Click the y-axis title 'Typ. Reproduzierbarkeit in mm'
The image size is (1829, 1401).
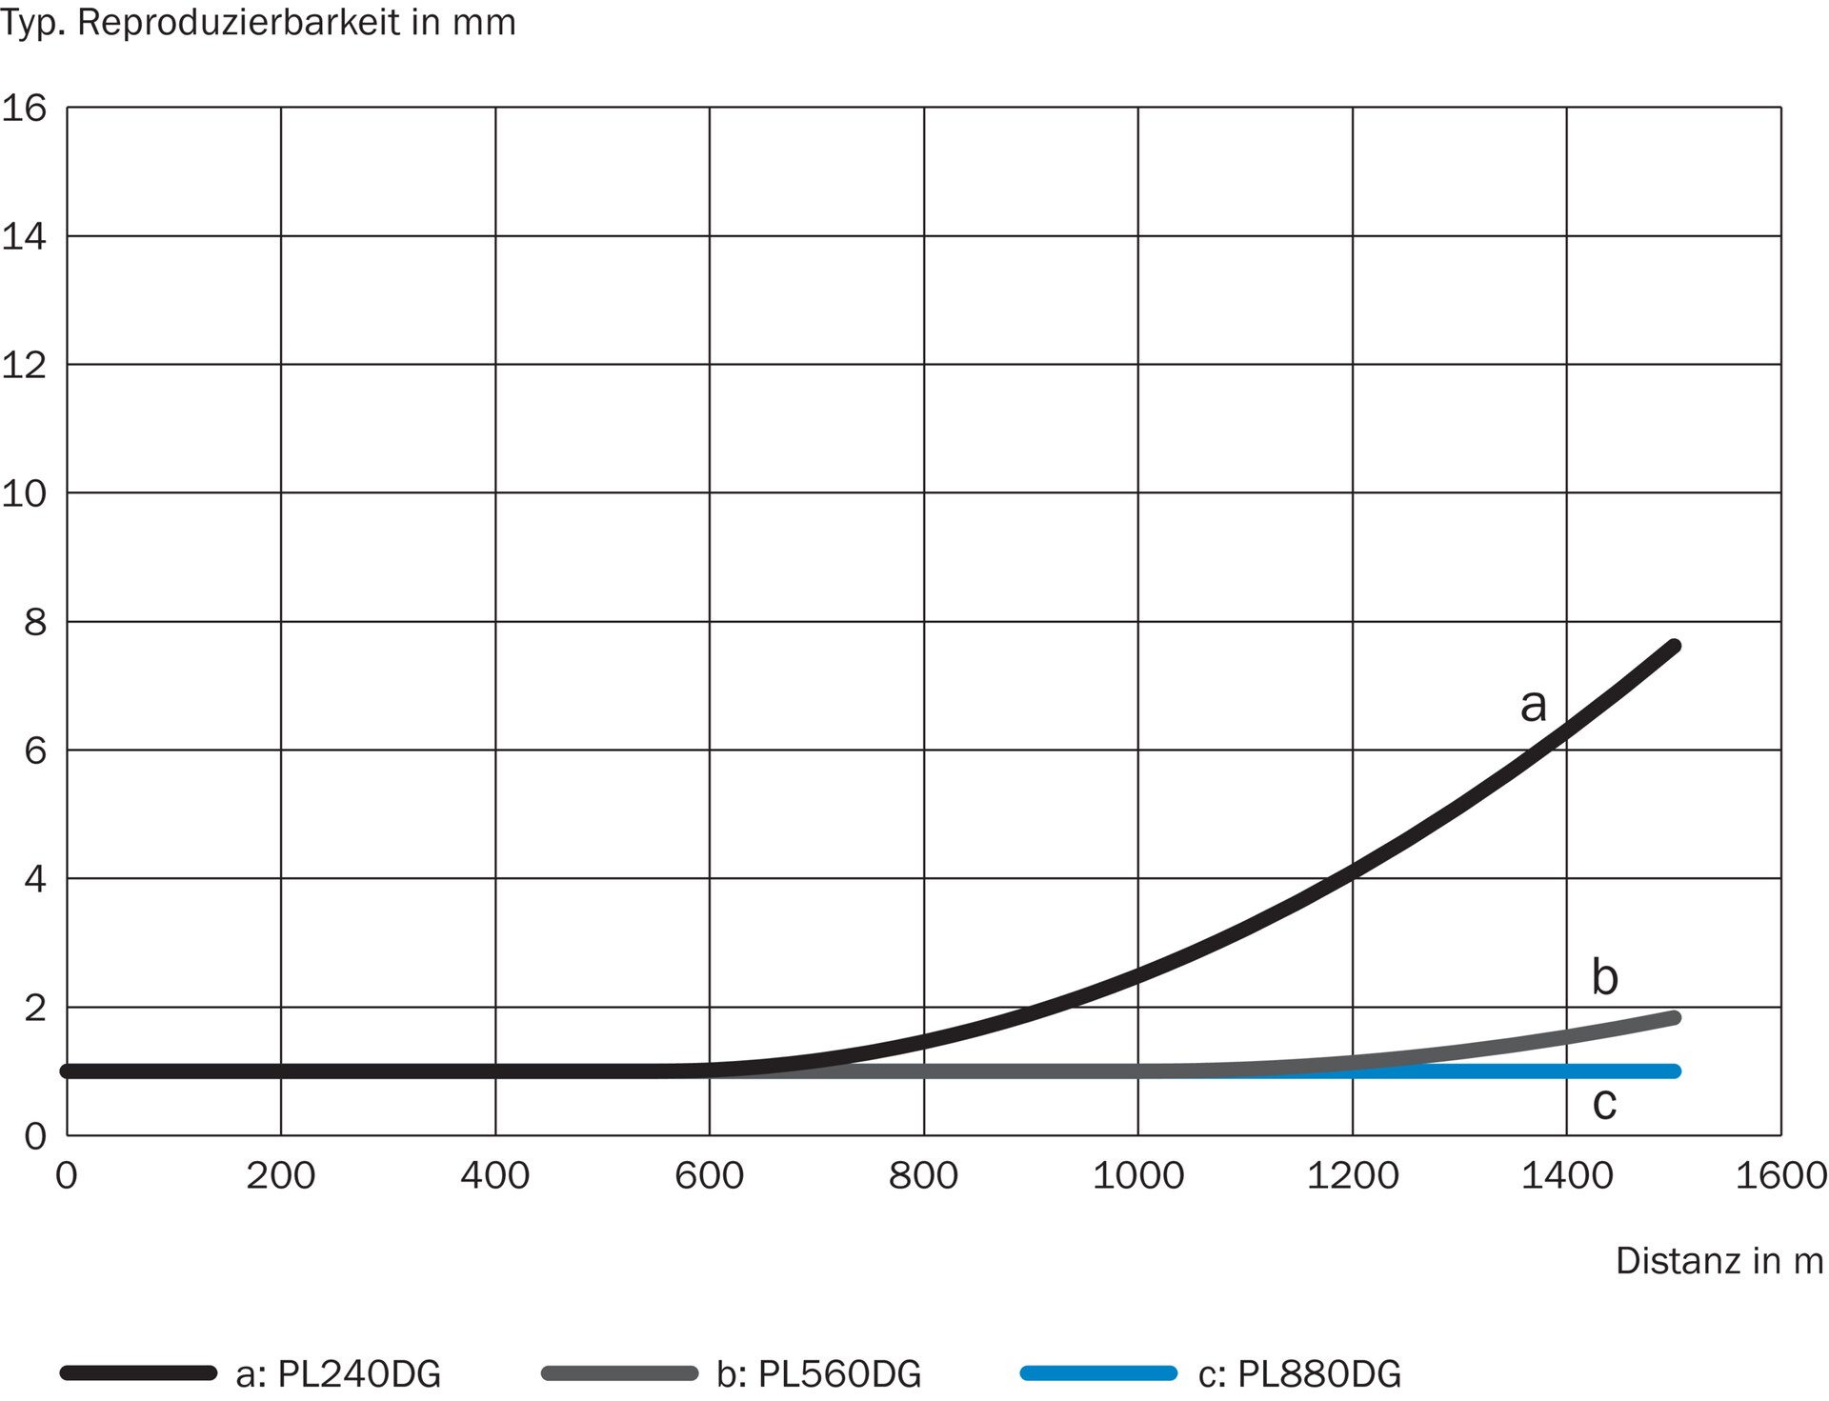(x=258, y=23)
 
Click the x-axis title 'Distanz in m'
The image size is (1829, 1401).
(x=1718, y=1261)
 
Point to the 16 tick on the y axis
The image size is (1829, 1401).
(x=24, y=109)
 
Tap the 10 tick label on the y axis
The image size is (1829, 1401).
(x=24, y=493)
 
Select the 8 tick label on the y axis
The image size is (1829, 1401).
(x=34, y=623)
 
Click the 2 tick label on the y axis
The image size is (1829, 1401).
(x=34, y=1008)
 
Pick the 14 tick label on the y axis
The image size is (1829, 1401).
(x=24, y=236)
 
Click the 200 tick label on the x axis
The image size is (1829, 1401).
(x=280, y=1176)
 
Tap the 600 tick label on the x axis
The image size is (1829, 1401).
(x=709, y=1176)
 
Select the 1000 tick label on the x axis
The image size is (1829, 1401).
(x=1137, y=1176)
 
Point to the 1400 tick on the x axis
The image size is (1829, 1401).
(x=1566, y=1176)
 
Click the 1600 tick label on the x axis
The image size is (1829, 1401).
(x=1780, y=1176)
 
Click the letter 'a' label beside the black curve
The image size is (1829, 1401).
(x=1533, y=705)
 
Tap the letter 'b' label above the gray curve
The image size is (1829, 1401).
(x=1605, y=977)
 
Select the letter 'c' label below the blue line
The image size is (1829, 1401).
(x=1605, y=1103)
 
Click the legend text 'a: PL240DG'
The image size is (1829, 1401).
(x=338, y=1374)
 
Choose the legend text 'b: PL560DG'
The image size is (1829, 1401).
(x=819, y=1374)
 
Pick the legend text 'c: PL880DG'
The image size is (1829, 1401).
(x=1299, y=1374)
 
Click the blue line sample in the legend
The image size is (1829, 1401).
(x=1098, y=1373)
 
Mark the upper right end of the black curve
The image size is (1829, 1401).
(x=1674, y=647)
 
